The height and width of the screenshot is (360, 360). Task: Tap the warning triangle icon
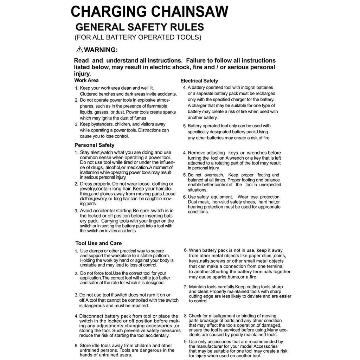[79, 50]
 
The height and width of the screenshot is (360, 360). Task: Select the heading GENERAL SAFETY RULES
[140, 27]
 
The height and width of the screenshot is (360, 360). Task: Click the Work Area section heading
[86, 80]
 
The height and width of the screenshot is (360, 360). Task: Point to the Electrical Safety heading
[199, 81]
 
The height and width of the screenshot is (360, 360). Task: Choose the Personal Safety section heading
[94, 145]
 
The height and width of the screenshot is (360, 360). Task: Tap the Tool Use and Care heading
[98, 243]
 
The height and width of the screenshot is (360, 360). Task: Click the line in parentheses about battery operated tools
[138, 37]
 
